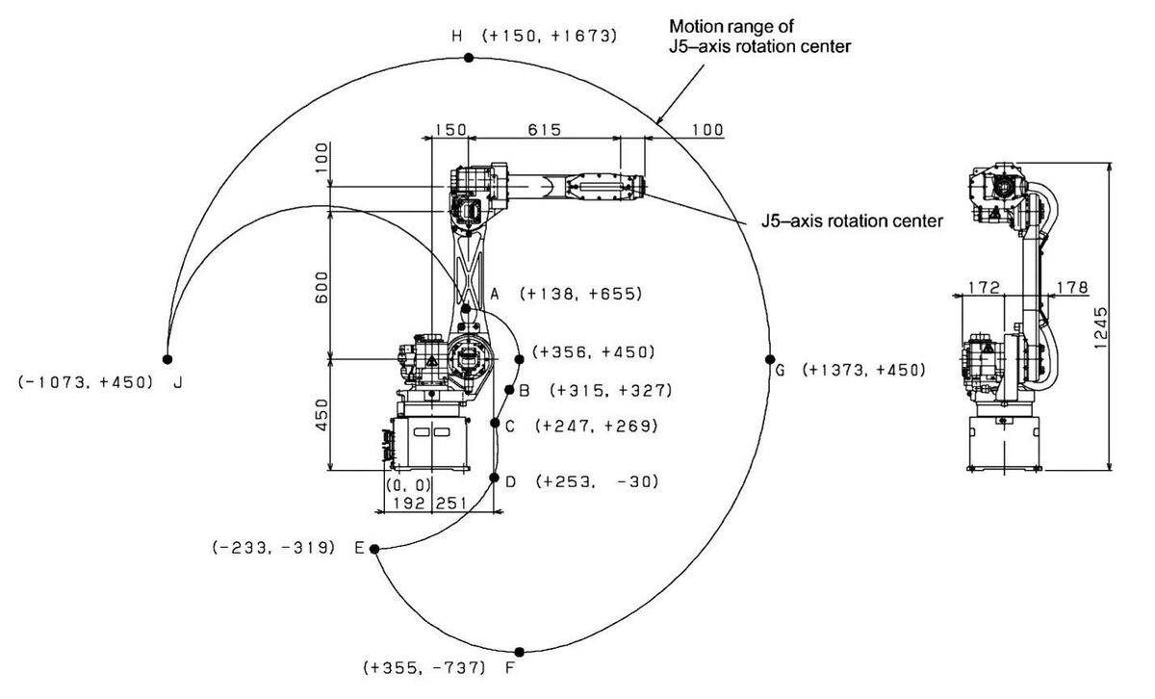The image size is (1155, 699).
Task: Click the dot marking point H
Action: [469, 58]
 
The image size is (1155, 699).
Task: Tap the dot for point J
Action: [167, 359]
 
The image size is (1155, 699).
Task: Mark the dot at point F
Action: [520, 652]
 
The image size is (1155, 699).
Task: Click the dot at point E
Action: [374, 549]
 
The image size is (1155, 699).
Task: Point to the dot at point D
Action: [495, 478]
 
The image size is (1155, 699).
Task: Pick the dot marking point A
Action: [466, 309]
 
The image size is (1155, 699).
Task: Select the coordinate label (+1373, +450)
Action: [864, 370]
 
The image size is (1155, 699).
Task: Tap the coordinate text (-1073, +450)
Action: [86, 381]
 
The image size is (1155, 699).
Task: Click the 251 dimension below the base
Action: [450, 503]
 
